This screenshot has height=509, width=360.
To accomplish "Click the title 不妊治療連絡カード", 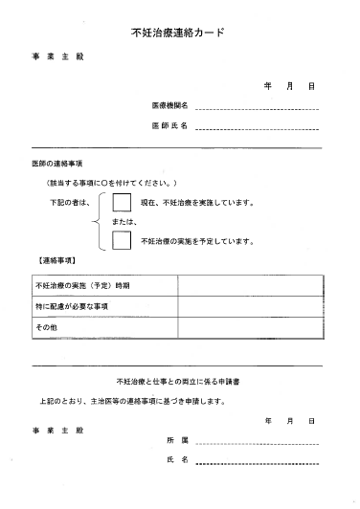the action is [180, 32].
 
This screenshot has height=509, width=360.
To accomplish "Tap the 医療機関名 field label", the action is [169, 104].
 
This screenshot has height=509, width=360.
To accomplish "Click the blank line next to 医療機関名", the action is [256, 106].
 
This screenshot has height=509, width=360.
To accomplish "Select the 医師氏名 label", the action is [169, 125].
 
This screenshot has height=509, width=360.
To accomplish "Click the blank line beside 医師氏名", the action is [256, 127].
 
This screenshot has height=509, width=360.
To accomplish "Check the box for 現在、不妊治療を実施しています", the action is [122, 203].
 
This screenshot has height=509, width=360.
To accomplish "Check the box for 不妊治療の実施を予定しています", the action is [122, 240].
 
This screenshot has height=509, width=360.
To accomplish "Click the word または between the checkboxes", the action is [124, 222].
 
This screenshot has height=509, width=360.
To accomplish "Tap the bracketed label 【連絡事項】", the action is [58, 260].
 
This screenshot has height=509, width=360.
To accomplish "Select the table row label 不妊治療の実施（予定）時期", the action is [82, 284].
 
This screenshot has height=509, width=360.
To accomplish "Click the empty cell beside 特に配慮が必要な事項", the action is [249, 306].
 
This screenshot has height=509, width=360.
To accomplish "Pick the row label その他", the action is [47, 327].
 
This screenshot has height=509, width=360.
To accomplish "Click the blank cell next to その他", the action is [249, 327].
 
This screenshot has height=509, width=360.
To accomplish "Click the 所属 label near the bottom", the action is [178, 440].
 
